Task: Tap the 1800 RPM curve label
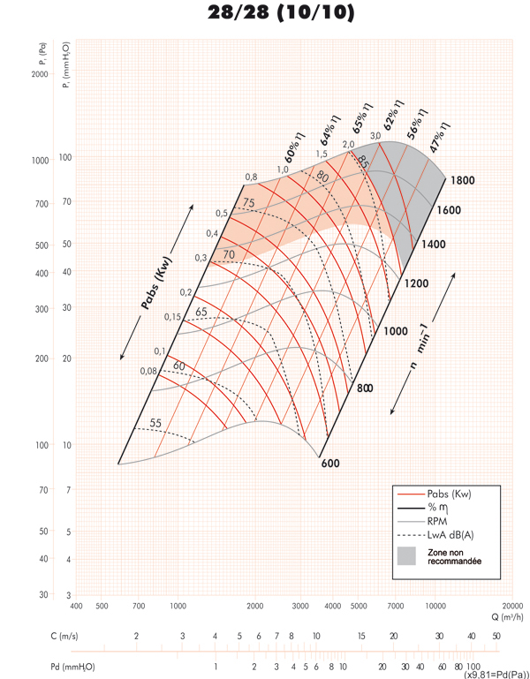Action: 462,180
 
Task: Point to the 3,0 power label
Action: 375,135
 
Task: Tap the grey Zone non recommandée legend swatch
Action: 405,556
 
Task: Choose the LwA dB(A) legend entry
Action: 450,534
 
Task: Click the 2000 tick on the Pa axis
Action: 38,74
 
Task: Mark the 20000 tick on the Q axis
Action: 511,606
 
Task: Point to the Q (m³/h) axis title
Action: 500,617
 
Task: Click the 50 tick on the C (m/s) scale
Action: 496,636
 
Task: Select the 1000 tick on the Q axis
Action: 178,606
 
